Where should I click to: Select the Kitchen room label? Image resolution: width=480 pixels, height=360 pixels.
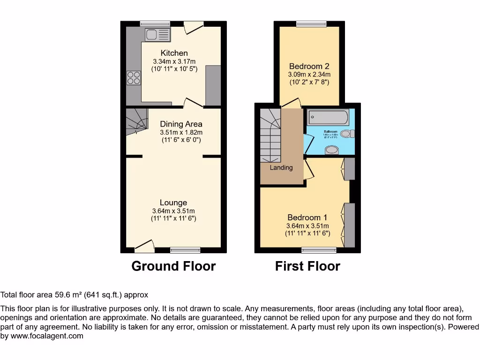(x=174, y=53)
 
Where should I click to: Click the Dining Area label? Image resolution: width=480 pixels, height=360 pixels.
(x=181, y=124)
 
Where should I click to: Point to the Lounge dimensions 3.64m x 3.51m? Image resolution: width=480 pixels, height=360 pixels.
(x=173, y=210)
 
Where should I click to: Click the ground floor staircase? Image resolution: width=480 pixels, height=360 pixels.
(x=136, y=121)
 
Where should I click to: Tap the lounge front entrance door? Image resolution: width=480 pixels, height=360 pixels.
(x=145, y=245)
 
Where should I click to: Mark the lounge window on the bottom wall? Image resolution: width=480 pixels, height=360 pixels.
(x=185, y=250)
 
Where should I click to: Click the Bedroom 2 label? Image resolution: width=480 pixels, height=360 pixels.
(x=309, y=66)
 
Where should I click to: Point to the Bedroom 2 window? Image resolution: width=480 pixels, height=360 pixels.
(x=312, y=23)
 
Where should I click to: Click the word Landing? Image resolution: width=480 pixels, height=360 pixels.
(x=281, y=167)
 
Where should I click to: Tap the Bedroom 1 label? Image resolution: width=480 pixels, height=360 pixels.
(x=307, y=217)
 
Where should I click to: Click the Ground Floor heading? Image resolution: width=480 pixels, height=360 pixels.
(x=173, y=266)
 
